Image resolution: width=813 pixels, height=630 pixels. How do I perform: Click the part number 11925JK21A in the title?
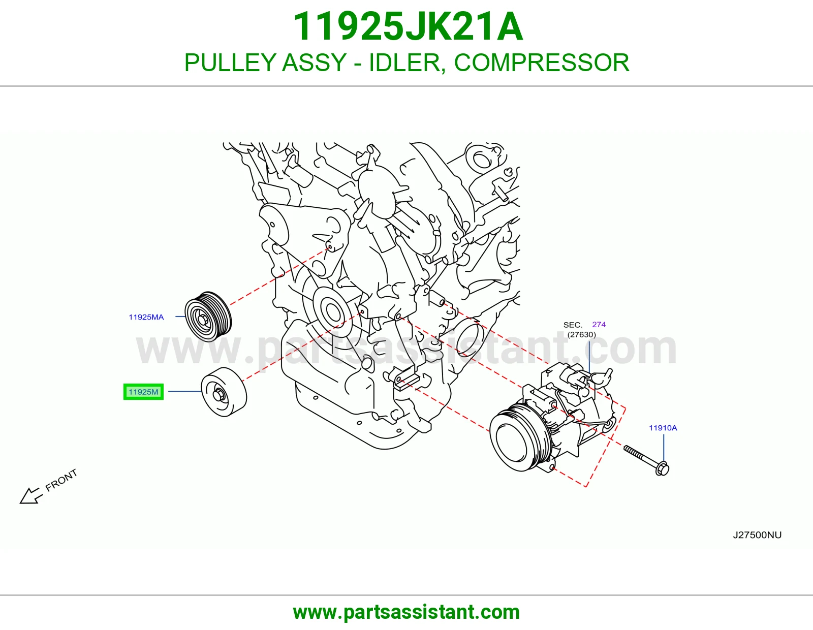click(x=408, y=26)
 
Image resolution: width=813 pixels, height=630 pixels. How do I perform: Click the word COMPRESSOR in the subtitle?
click(x=542, y=62)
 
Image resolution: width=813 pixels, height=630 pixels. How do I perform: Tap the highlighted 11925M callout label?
click(x=143, y=392)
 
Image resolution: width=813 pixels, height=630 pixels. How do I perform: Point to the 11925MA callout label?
click(x=146, y=317)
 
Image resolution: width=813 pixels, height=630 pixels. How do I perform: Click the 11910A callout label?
click(x=663, y=428)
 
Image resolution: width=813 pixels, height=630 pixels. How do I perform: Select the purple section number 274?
click(x=599, y=324)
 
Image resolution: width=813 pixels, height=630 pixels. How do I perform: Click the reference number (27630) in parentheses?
click(x=582, y=334)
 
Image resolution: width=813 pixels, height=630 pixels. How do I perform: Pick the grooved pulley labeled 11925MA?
click(x=208, y=316)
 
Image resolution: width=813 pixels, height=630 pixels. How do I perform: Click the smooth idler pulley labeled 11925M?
click(x=224, y=392)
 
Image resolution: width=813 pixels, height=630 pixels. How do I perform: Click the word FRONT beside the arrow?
click(x=61, y=480)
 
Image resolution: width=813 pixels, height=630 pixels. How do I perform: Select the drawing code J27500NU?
click(x=757, y=535)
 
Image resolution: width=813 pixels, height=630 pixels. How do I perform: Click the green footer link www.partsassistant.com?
click(x=407, y=612)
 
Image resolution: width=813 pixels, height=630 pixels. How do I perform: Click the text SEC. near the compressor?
click(x=573, y=325)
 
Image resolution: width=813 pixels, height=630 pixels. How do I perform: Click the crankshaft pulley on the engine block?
click(x=331, y=311)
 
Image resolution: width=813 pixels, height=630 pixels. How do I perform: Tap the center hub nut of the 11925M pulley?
click(x=218, y=395)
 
